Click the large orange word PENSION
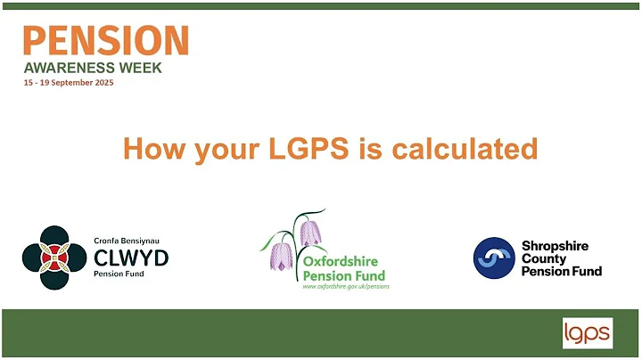tap(105, 41)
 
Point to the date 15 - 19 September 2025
tap(69, 83)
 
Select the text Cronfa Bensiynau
tap(126, 241)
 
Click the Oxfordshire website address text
tap(346, 287)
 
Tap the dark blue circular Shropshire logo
tap(493, 258)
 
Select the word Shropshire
tap(555, 245)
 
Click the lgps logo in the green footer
tap(587, 333)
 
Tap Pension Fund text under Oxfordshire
tap(340, 275)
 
